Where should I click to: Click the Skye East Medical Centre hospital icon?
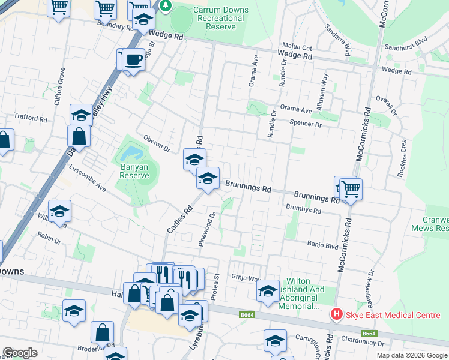pyautogui.click(x=337, y=314)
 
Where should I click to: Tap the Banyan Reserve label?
pyautogui.click(x=134, y=170)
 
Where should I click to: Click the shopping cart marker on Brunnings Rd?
pyautogui.click(x=351, y=189)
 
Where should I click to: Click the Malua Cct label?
pyautogui.click(x=297, y=47)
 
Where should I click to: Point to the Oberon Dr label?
pyautogui.click(x=157, y=143)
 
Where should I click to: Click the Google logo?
pyautogui.click(x=20, y=353)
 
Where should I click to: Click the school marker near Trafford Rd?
pyautogui.click(x=80, y=114)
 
